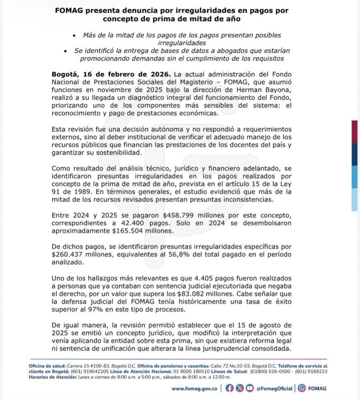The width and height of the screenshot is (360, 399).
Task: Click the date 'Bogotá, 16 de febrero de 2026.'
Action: [112, 75]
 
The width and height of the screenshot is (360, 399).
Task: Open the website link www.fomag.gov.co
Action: [194, 388]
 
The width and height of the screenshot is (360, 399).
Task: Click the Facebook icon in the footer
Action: [229, 388]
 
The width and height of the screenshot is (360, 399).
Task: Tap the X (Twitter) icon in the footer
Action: [240, 388]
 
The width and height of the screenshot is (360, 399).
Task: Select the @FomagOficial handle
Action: [274, 388]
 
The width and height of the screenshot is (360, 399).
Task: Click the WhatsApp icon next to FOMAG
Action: [302, 388]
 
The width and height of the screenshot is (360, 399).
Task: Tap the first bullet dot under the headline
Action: [74, 36]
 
